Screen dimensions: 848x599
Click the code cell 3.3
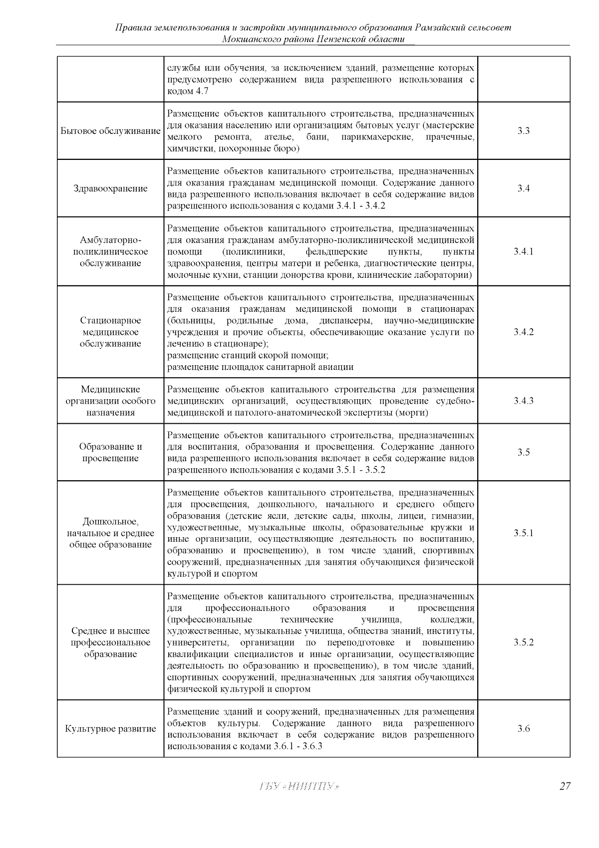point(523,131)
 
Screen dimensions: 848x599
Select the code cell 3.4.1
point(523,251)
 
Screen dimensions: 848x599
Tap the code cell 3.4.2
point(523,332)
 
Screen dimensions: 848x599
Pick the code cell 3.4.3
point(523,401)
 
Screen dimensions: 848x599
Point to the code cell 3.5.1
point(523,533)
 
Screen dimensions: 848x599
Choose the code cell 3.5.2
point(523,643)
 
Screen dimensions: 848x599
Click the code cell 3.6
point(523,729)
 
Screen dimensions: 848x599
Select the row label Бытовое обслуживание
point(110,131)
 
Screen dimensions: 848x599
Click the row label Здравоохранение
point(110,188)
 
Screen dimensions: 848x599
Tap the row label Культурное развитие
point(110,729)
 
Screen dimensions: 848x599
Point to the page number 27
point(565,787)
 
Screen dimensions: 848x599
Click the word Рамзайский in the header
point(441,27)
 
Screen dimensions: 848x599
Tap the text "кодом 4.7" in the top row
point(188,91)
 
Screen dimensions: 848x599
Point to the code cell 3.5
point(523,452)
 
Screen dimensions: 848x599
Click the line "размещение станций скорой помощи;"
point(247,355)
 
